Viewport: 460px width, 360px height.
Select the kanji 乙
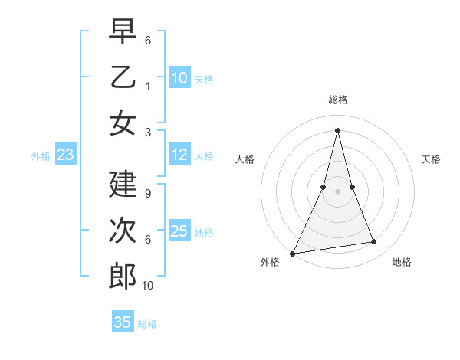click(x=123, y=77)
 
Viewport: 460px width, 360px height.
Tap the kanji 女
click(x=123, y=122)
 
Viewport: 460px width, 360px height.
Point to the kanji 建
click(x=123, y=185)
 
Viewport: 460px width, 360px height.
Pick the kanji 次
click(x=123, y=230)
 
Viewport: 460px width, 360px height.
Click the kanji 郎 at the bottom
click(x=123, y=275)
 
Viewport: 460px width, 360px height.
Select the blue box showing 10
click(x=179, y=78)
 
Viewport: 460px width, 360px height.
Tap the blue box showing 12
click(x=179, y=155)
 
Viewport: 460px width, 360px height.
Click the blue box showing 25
click(x=179, y=231)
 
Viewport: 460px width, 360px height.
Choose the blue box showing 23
click(x=65, y=155)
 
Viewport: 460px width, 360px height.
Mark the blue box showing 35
click(x=123, y=322)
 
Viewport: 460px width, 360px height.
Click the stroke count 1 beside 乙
click(x=148, y=86)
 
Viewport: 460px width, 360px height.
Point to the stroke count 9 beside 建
click(x=148, y=194)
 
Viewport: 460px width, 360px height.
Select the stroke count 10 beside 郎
click(x=148, y=285)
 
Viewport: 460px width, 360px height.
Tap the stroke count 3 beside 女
click(x=148, y=132)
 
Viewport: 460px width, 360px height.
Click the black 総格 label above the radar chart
click(x=338, y=100)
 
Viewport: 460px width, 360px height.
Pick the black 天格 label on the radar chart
click(x=432, y=159)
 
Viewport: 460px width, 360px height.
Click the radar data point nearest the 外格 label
click(x=292, y=253)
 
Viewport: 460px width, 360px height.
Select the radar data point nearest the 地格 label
click(x=374, y=242)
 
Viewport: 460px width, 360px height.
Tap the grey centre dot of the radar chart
click(x=338, y=191)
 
